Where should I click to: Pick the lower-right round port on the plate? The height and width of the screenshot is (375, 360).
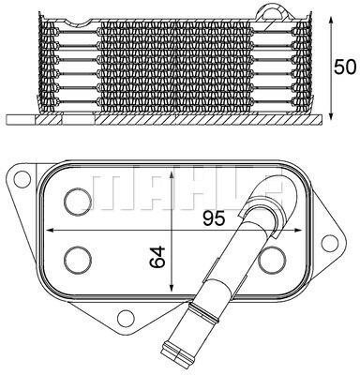[270, 259]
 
